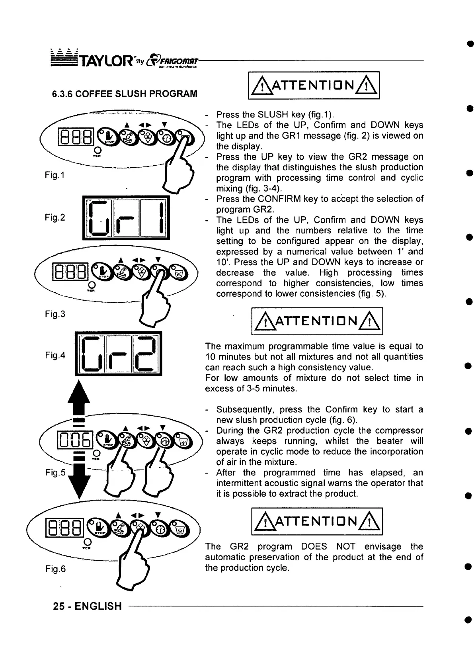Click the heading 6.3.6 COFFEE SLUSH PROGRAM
(125, 94)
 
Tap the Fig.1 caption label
(55, 175)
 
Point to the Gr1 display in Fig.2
(126, 217)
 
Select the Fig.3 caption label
(55, 314)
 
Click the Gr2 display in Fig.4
(119, 354)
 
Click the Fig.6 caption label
(55, 569)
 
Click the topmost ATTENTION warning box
(314, 85)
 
